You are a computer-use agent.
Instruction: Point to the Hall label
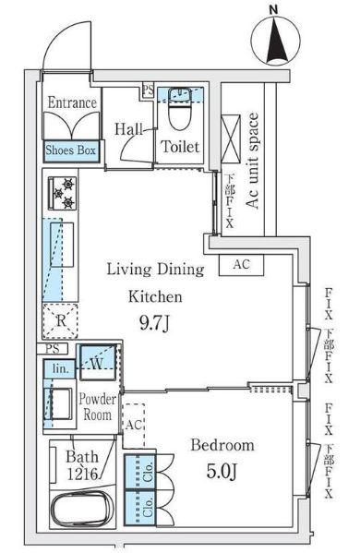[x=127, y=131]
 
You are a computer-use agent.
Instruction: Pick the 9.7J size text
[x=155, y=324]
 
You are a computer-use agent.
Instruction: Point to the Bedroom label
[x=222, y=446]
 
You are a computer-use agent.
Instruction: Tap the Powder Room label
[x=96, y=407]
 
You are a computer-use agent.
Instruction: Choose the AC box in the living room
[x=241, y=265]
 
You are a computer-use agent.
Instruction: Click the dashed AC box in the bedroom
[x=133, y=425]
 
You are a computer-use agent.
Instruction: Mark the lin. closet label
[x=59, y=368]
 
